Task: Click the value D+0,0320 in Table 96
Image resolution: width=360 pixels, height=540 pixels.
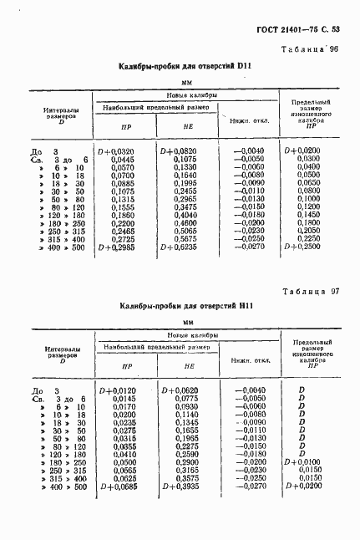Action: [118, 150]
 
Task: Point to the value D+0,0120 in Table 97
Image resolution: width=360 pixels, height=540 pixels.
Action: [118, 390]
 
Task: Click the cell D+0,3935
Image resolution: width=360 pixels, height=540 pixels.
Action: [177, 487]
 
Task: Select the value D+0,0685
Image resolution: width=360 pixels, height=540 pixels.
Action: [118, 487]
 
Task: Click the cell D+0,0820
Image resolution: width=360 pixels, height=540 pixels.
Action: [177, 150]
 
